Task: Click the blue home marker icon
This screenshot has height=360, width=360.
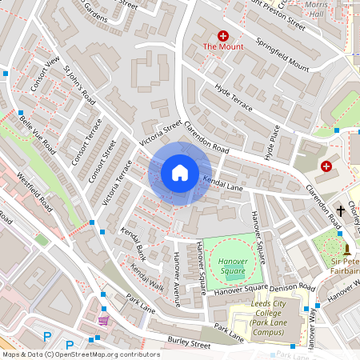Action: tap(180, 173)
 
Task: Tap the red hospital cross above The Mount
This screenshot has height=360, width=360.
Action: tap(222, 36)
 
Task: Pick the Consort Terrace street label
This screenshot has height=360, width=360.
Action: tap(87, 143)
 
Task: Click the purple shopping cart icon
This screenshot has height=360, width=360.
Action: tap(103, 320)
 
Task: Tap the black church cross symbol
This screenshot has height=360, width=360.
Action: tap(341, 210)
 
